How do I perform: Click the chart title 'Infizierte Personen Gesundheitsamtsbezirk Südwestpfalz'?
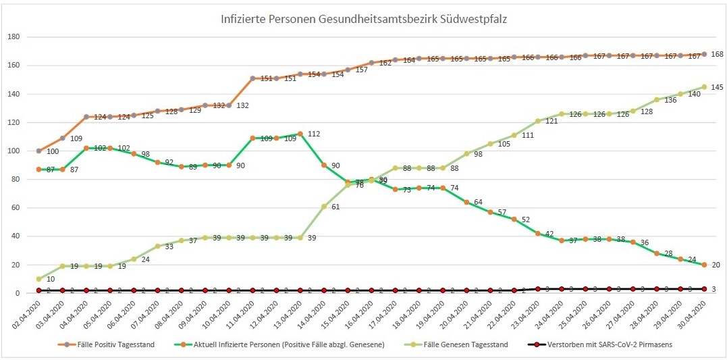(364, 20)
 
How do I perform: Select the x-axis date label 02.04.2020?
(29, 314)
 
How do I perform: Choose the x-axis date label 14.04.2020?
(314, 314)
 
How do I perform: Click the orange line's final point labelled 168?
(704, 54)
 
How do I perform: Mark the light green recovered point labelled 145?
(704, 86)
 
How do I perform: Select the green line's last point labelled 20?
(704, 265)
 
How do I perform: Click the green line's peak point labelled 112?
(300, 134)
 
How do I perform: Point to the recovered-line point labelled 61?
(324, 206)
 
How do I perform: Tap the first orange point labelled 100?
(39, 151)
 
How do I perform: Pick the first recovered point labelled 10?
(39, 279)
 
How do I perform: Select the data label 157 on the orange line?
(361, 70)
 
